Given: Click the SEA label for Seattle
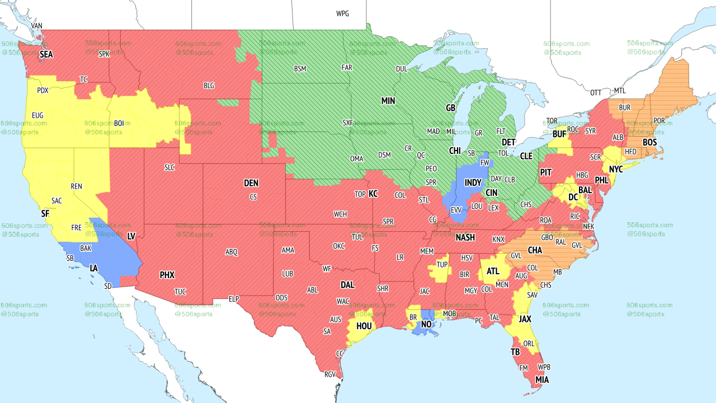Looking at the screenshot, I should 46,55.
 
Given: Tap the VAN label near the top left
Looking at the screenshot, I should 36,26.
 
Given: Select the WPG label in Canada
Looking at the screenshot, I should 342,13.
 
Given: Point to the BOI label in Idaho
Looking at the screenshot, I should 119,123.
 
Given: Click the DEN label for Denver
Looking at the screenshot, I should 251,183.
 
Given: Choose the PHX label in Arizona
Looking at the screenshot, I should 167,275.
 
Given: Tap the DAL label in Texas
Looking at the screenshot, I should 347,285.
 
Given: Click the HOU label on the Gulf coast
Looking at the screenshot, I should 364,326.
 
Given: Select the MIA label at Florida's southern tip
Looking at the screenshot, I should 542,380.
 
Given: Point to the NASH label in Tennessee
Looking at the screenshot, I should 465,237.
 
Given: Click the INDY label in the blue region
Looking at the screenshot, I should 473,183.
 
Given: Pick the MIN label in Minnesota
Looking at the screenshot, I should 388,101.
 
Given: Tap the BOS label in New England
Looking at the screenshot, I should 649,143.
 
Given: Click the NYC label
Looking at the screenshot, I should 616,169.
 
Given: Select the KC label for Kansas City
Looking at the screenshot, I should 373,194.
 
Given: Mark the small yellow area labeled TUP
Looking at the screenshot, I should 442,265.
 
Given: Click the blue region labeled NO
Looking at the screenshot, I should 426,324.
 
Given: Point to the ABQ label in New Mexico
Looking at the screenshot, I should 232,252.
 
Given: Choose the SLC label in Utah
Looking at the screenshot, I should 169,167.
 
